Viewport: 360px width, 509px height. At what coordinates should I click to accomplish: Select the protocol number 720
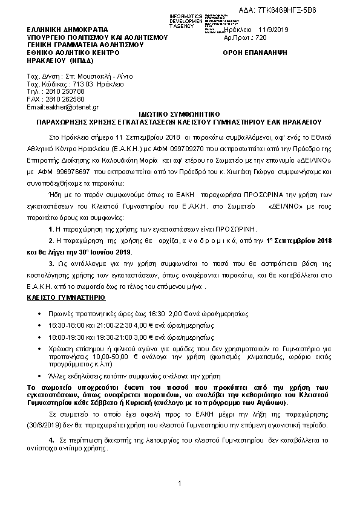(x=261, y=37)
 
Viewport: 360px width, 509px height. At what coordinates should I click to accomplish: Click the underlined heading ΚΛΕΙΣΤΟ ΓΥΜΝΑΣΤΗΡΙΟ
(x=67, y=298)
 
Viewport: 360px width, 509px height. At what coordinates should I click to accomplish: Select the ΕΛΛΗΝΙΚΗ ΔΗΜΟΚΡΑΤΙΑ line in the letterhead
(x=67, y=29)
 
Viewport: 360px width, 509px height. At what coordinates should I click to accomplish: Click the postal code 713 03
(x=80, y=83)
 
